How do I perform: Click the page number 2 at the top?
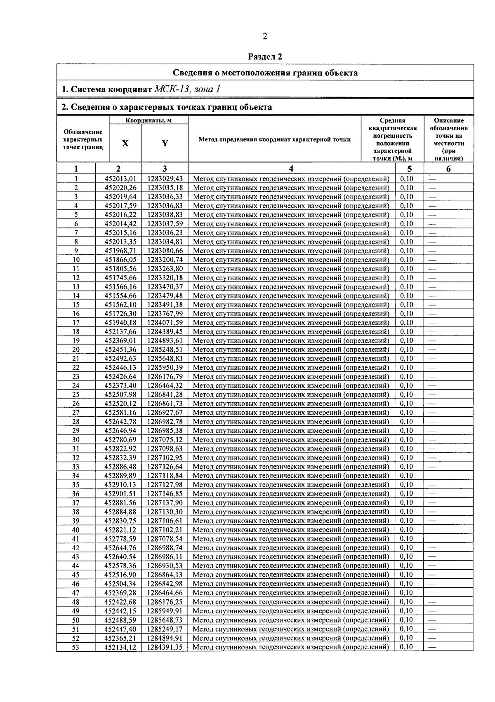pos(265,37)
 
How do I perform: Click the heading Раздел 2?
pos(265,56)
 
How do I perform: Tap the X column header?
pos(125,143)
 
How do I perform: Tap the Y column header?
pos(165,143)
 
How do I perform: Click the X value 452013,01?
pos(120,179)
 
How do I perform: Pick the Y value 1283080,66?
pos(165,251)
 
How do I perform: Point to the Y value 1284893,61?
pos(165,341)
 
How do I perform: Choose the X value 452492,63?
pos(120,359)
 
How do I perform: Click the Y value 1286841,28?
pos(165,395)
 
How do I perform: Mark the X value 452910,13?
pos(120,485)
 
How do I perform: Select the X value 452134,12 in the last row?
pos(120,647)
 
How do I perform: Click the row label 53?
pos(76,647)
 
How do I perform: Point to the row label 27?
pos(76,413)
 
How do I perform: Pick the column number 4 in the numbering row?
pos(291,169)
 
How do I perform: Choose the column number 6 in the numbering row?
pos(448,169)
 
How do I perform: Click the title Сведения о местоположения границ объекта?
pos(265,73)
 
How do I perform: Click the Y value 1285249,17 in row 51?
pos(165,629)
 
